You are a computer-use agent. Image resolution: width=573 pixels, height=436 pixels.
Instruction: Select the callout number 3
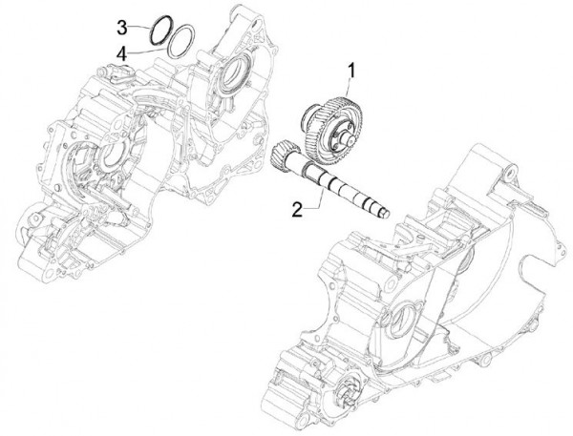122,25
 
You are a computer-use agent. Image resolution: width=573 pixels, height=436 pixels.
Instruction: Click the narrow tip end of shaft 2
387,213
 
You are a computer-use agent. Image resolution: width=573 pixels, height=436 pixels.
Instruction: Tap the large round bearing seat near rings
238,71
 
